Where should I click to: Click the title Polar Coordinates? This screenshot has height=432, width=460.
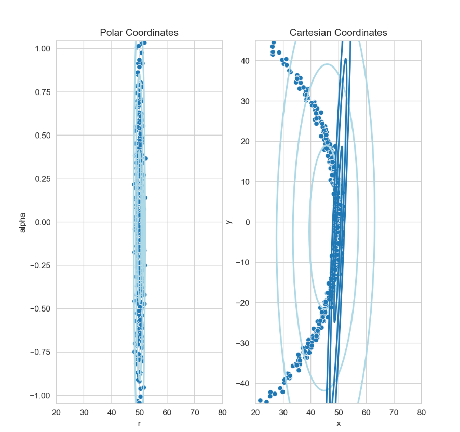(139, 33)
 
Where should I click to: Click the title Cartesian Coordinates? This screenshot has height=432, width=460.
(338, 33)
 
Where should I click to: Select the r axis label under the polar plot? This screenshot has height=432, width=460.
(139, 423)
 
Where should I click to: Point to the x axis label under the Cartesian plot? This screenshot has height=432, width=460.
(338, 423)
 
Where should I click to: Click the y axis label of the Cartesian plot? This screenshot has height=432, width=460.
(229, 222)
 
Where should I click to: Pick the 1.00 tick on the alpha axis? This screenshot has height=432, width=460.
(41, 49)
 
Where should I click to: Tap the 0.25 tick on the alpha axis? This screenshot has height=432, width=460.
(41, 179)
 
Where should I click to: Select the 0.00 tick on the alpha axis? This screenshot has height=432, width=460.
(41, 222)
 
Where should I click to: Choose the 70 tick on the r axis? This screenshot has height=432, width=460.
(194, 413)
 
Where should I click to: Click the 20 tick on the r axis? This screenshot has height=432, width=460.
(57, 413)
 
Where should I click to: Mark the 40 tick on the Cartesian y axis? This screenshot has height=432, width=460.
(245, 61)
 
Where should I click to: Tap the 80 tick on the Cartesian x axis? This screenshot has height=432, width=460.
(422, 413)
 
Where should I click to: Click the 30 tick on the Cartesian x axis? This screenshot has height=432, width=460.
(283, 413)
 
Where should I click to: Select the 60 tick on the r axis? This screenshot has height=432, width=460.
(167, 413)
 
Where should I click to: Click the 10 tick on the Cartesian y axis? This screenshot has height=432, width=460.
(245, 182)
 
